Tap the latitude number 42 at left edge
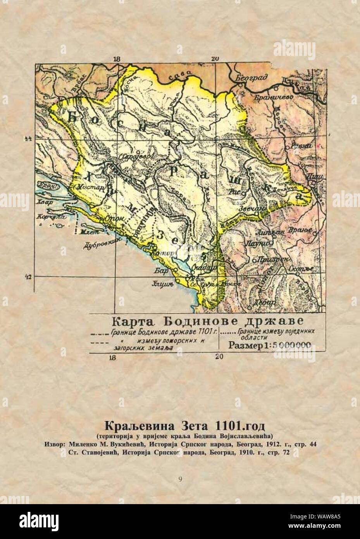click(28, 277)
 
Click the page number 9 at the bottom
click(180, 479)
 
